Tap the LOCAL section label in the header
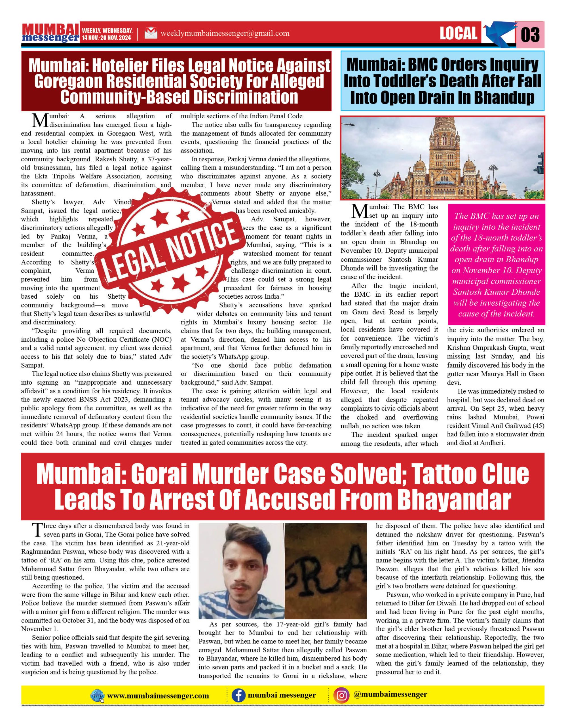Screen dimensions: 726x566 click(x=458, y=33)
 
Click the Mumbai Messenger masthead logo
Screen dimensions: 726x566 click(x=50, y=33)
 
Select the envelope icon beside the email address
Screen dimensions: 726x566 click(x=151, y=33)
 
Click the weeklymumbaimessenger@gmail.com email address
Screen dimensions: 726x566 click(x=225, y=33)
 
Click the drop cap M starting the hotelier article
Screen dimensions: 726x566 click(x=40, y=120)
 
